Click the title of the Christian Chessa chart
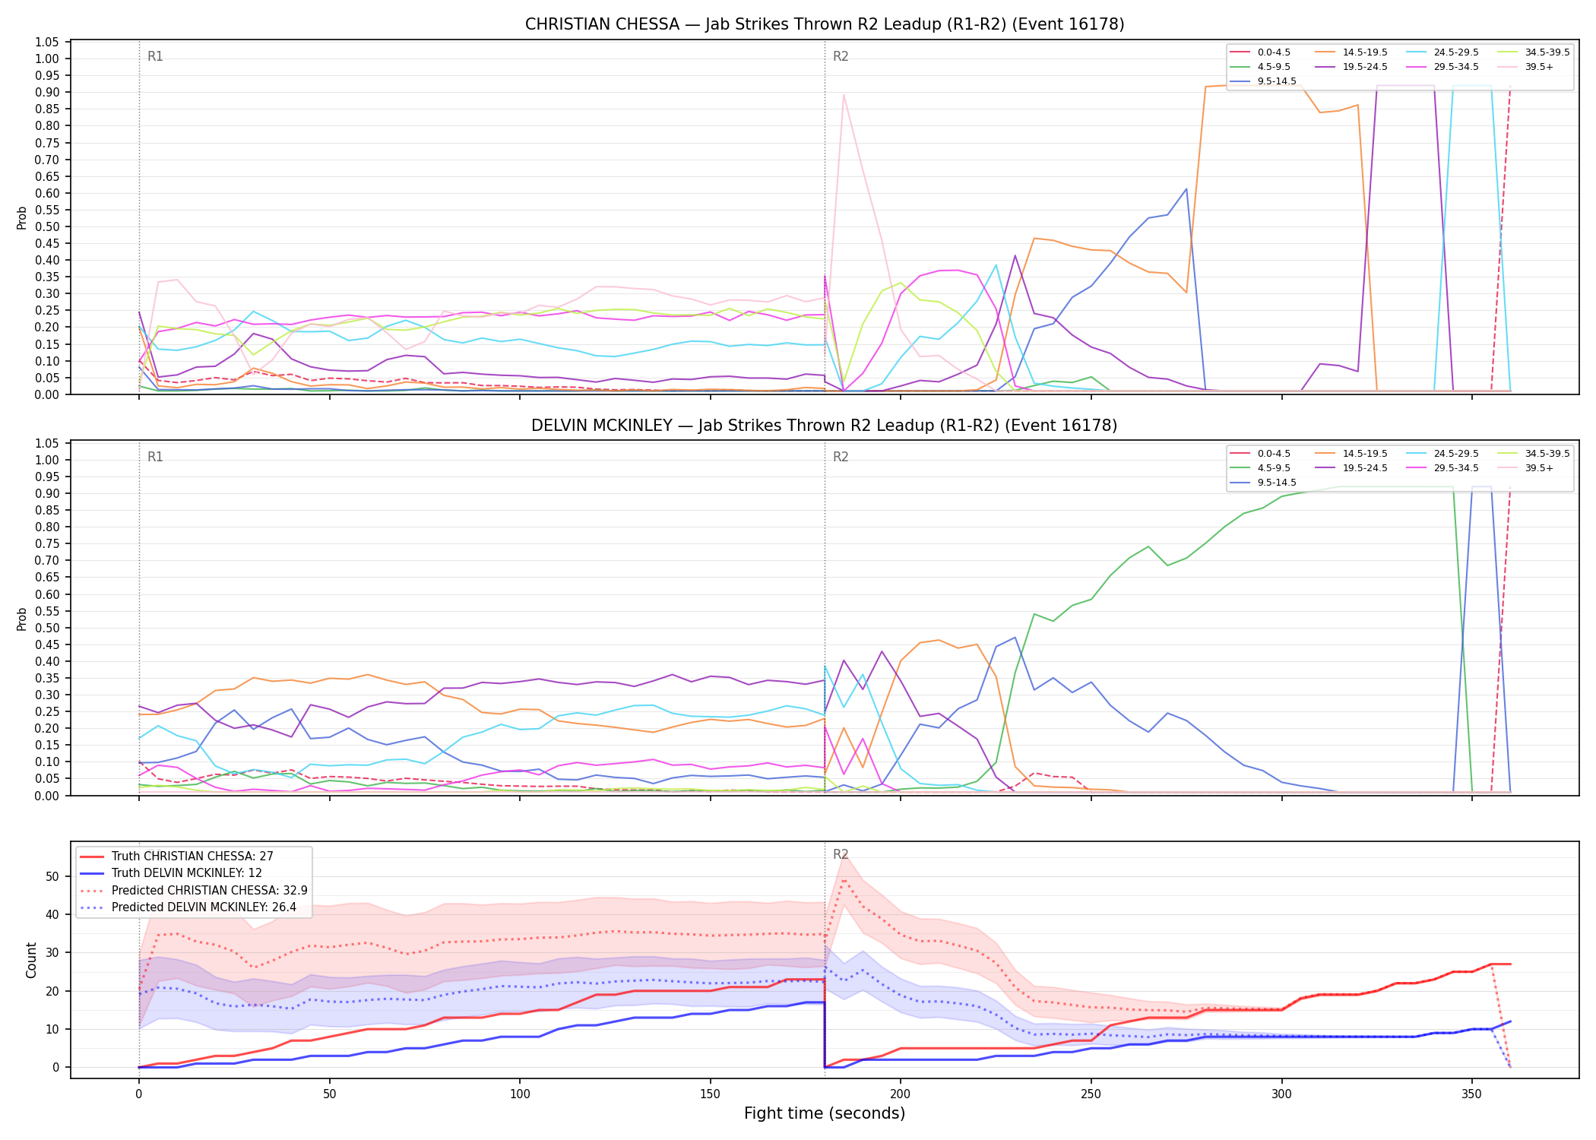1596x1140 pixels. click(825, 24)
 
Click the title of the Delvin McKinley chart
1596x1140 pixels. click(825, 426)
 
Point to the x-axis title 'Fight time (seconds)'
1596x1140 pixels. click(825, 1113)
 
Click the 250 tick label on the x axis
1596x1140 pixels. click(1091, 1094)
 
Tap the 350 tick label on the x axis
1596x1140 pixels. click(1471, 1094)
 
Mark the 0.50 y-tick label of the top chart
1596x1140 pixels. click(47, 226)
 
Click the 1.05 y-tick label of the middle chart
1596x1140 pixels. click(47, 444)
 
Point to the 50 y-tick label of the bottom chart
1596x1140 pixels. click(52, 876)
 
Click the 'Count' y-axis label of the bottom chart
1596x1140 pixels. click(31, 960)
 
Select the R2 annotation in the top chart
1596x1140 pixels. click(841, 56)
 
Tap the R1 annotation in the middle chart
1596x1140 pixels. click(155, 457)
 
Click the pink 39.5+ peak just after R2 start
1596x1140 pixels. click(844, 95)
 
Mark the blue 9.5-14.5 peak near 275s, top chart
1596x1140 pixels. click(1186, 189)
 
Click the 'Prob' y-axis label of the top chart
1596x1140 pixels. click(22, 217)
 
